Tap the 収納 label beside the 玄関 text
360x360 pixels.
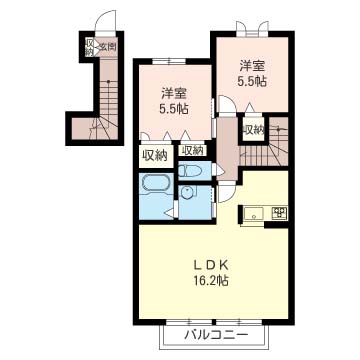coord(89,49)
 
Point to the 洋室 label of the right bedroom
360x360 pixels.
coord(250,65)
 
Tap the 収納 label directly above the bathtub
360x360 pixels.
coord(154,155)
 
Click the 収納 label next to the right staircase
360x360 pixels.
coord(253,129)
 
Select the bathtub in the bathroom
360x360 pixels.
coord(156,185)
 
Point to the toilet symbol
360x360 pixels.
coord(190,173)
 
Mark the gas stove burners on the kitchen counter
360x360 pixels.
coord(277,212)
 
